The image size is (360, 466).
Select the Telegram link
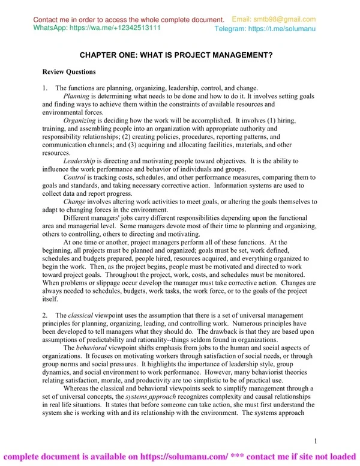pyautogui.click(x=282, y=29)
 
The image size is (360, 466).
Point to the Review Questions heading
pyautogui.click(x=69, y=72)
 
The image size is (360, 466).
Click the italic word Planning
pyautogui.click(x=76, y=96)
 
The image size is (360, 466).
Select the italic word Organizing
pyautogui.click(x=79, y=120)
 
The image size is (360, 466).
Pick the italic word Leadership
pyautogui.click(x=79, y=161)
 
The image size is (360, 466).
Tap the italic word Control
pyautogui.click(x=74, y=178)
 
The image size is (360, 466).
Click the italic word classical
pyautogui.click(x=80, y=315)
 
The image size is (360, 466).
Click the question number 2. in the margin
pyautogui.click(x=46, y=315)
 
